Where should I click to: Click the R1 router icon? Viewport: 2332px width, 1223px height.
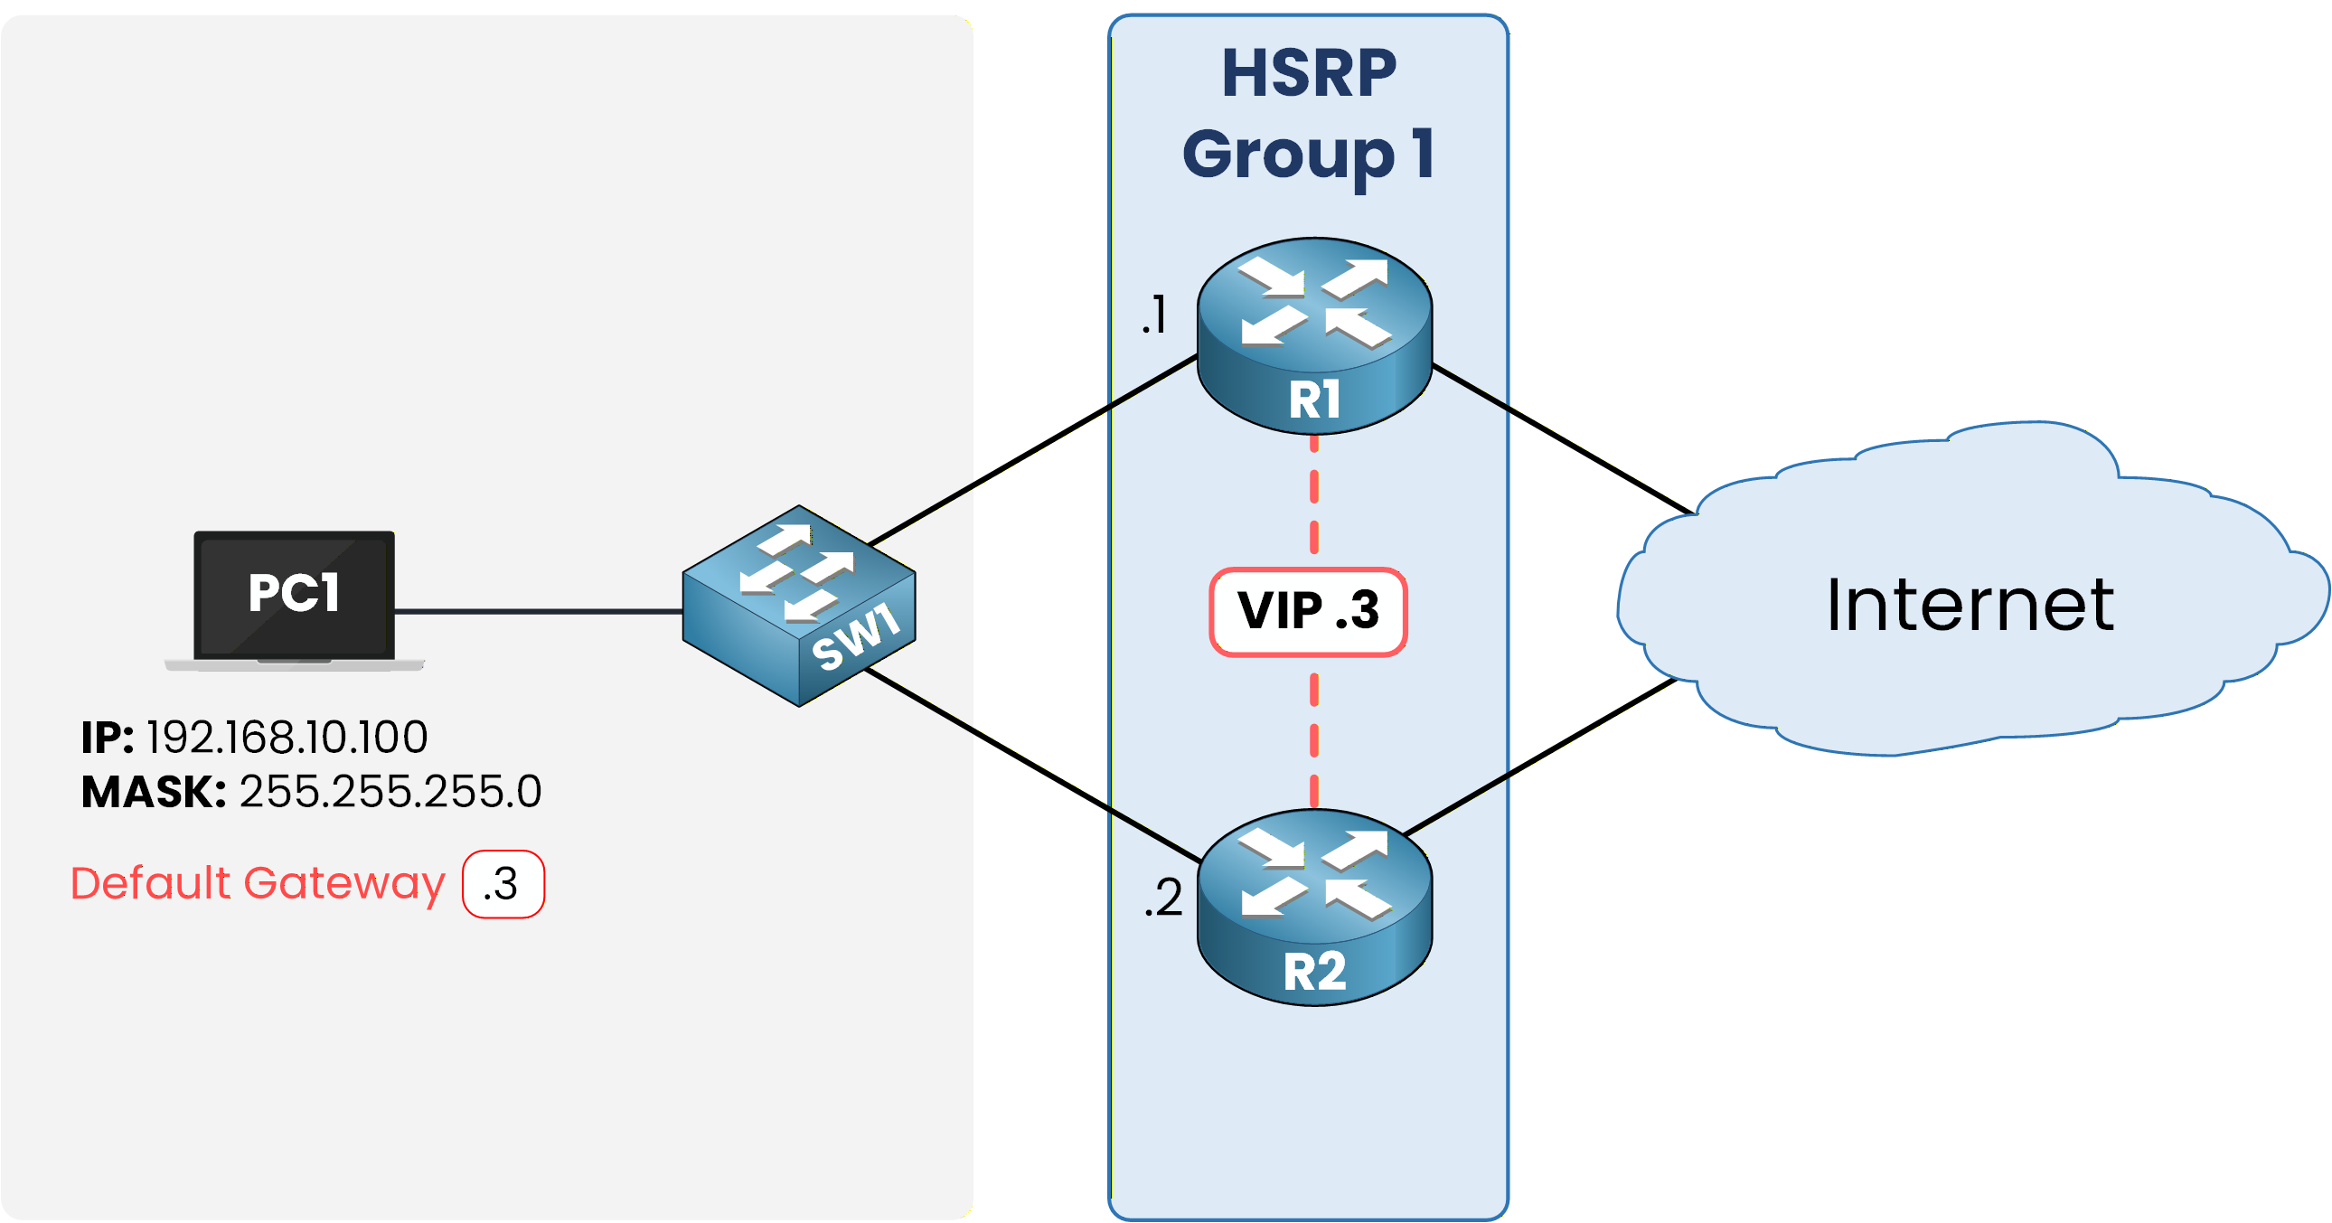point(1313,335)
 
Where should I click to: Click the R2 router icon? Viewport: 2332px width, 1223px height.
point(1313,907)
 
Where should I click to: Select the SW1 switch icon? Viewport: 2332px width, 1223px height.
point(798,606)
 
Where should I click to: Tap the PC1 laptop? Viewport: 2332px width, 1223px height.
point(295,597)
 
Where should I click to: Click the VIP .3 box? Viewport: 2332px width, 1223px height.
point(1308,611)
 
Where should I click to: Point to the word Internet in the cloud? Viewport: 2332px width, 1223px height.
point(1969,605)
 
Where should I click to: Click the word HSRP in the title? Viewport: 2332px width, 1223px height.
point(1308,74)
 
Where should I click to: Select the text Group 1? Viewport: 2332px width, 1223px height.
point(1308,154)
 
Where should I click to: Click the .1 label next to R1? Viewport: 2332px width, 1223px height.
point(1154,315)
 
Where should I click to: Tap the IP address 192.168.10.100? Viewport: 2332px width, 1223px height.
point(287,737)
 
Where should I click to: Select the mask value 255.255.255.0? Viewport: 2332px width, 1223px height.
point(390,791)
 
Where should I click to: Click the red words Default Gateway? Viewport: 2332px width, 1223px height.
point(258,882)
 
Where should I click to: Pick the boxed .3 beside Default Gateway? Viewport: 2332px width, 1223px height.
point(503,884)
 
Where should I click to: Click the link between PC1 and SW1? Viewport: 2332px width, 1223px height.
point(539,612)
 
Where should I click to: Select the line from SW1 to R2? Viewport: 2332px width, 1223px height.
point(1032,765)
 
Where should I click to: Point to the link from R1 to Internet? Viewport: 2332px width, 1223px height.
point(1562,439)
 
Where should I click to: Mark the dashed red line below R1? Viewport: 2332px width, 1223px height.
point(1313,498)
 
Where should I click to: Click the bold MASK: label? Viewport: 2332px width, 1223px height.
point(153,792)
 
